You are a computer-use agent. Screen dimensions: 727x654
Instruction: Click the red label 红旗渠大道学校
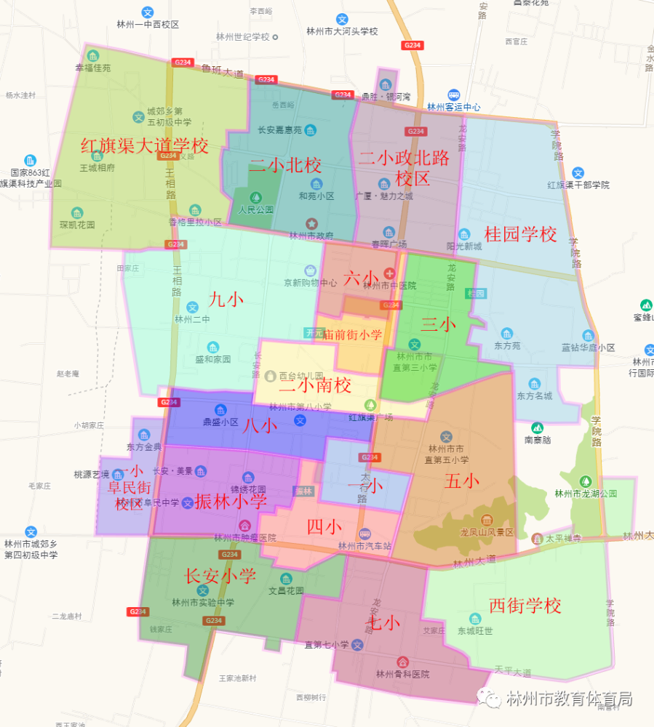coord(145,146)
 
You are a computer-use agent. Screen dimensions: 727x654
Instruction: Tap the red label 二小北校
coord(285,165)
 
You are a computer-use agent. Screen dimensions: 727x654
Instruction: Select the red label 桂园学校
coord(520,234)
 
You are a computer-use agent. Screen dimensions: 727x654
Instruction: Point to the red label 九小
coord(226,299)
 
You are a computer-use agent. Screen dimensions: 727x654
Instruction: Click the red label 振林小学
coord(231,501)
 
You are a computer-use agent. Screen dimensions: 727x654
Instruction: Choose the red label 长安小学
coord(220,576)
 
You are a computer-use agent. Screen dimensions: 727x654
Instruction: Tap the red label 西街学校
coord(525,605)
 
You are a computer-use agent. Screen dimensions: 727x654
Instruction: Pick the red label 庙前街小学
coord(352,334)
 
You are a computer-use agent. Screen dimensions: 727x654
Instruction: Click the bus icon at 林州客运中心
coord(454,95)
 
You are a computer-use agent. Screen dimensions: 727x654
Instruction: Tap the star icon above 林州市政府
coord(311,223)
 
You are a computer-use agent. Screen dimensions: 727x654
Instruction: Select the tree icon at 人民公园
coord(255,197)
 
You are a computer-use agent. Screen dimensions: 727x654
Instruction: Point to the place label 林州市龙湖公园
coord(586,494)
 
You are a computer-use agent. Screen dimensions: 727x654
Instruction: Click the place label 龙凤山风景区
coord(487,532)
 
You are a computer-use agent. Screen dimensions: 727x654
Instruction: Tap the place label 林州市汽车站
coord(365,545)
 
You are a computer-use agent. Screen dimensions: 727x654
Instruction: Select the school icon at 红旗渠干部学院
coord(578,173)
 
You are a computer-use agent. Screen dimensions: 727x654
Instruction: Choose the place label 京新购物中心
coord(310,283)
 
